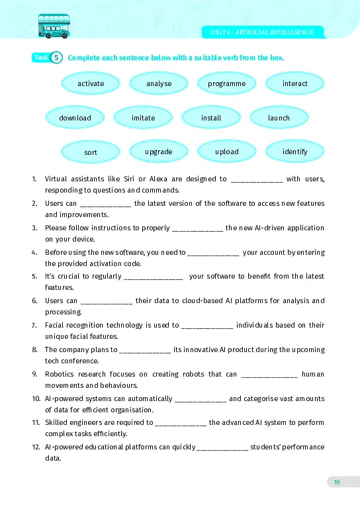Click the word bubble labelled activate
coord(91,83)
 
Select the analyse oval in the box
coord(159,83)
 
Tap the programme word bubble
coord(226,83)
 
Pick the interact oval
coord(294,83)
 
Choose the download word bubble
coord(75,118)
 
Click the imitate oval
coord(143,118)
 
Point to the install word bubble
coord(211,118)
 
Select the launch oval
coord(279,118)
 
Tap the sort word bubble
coord(91,152)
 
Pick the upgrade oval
coord(159,152)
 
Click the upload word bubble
coord(226,152)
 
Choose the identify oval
coord(294,152)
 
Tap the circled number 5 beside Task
coord(57,58)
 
